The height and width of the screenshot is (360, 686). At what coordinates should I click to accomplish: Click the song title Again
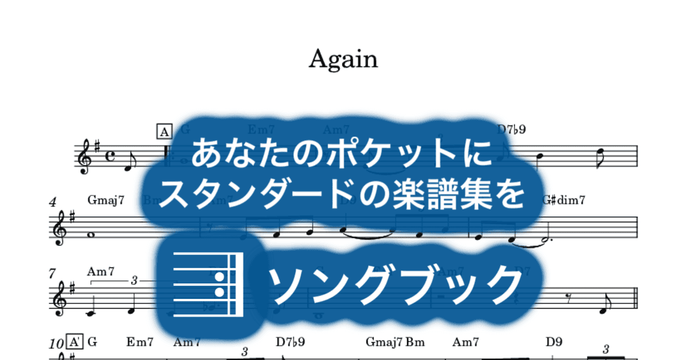coord(343,59)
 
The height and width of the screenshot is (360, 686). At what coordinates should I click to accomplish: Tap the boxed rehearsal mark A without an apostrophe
coord(164,133)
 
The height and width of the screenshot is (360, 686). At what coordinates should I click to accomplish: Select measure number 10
coord(56,343)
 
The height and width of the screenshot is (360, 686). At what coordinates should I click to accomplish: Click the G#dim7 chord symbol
coord(564,200)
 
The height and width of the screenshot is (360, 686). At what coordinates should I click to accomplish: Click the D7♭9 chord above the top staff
coord(511,130)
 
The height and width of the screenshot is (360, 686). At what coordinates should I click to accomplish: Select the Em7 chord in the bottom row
coord(140,342)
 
